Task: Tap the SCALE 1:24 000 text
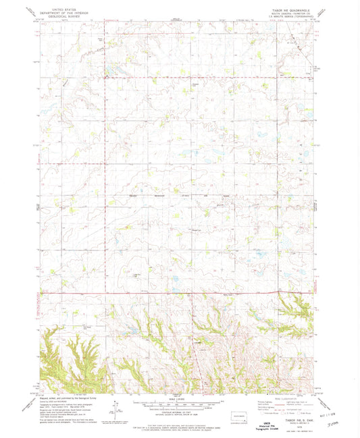pyautogui.click(x=180, y=395)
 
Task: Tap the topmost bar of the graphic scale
pyautogui.click(x=180, y=398)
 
